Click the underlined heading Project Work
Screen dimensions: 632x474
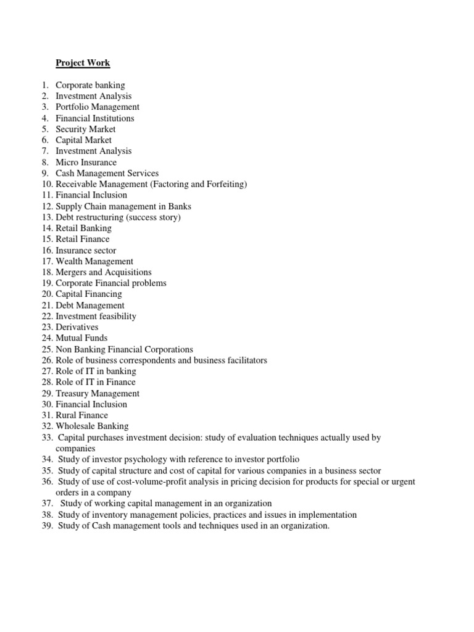click(83, 63)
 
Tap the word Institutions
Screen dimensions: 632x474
click(113, 118)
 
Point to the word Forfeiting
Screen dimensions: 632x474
click(227, 184)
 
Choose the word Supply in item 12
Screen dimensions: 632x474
click(69, 206)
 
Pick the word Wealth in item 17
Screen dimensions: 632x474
click(70, 261)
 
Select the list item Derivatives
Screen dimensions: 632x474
click(77, 327)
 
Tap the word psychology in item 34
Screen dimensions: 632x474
click(147, 459)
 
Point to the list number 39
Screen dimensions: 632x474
click(48, 526)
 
